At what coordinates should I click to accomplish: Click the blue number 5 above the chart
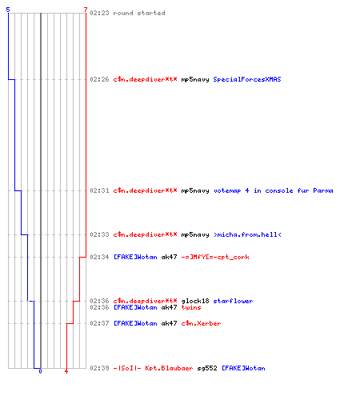click(x=8, y=10)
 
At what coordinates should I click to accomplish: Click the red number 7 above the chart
click(x=86, y=10)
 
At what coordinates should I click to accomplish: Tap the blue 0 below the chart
click(x=40, y=371)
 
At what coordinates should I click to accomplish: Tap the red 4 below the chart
click(x=66, y=371)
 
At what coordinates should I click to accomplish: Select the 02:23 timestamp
click(x=99, y=13)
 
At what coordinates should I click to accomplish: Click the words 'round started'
click(x=139, y=13)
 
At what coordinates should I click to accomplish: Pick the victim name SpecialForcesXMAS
click(x=247, y=79)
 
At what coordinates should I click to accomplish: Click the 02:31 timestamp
click(x=99, y=190)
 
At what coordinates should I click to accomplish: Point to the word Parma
click(x=323, y=190)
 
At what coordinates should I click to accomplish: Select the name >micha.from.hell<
click(x=247, y=234)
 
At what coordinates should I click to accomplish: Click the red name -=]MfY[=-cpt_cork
click(x=215, y=257)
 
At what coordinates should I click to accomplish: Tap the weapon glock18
click(x=195, y=301)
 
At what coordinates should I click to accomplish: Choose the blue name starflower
click(x=233, y=301)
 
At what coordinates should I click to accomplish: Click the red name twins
click(x=191, y=307)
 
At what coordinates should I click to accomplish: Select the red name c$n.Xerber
click(x=201, y=323)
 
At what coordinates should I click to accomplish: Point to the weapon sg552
click(x=207, y=368)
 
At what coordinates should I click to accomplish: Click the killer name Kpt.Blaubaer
click(x=169, y=368)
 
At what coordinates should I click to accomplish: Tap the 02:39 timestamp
click(x=99, y=368)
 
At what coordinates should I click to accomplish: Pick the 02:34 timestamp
click(x=99, y=257)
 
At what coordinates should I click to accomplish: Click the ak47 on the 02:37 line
click(x=169, y=323)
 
